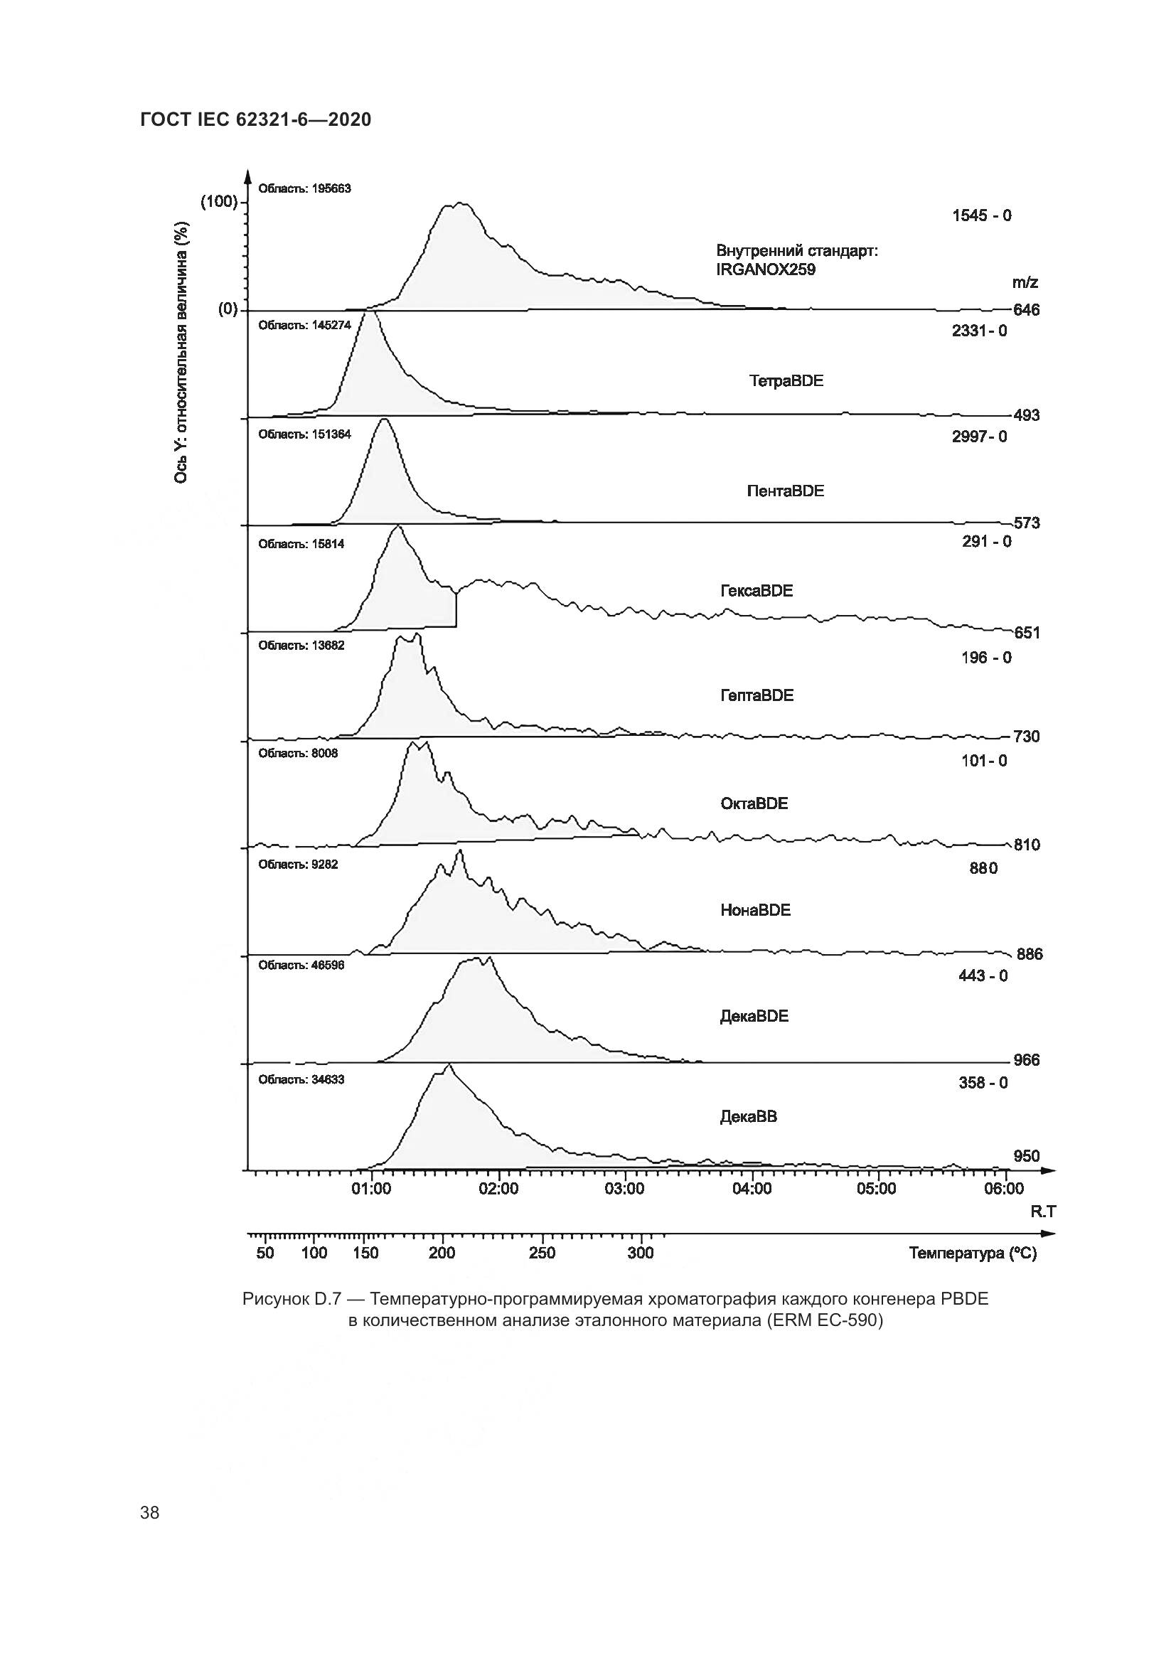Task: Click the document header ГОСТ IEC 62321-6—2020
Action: click(x=256, y=119)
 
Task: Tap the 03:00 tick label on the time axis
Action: click(x=624, y=1189)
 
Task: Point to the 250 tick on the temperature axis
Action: click(x=542, y=1253)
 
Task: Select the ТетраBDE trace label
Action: click(x=786, y=381)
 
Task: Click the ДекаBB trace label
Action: click(x=748, y=1117)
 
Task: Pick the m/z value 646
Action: click(x=1026, y=310)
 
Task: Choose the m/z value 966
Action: click(x=1026, y=1060)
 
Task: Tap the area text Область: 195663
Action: click(x=304, y=188)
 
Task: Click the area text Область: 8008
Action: click(x=299, y=753)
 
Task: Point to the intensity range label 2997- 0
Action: click(x=979, y=437)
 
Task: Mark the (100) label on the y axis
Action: click(x=219, y=201)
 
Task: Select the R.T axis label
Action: click(x=1043, y=1212)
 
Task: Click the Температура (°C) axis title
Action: click(x=973, y=1253)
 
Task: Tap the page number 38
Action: click(x=150, y=1512)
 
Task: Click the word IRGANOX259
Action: click(x=766, y=269)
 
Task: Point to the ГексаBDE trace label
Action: click(x=756, y=591)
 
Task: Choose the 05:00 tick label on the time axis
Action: click(x=876, y=1189)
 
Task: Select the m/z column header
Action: click(x=1025, y=282)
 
